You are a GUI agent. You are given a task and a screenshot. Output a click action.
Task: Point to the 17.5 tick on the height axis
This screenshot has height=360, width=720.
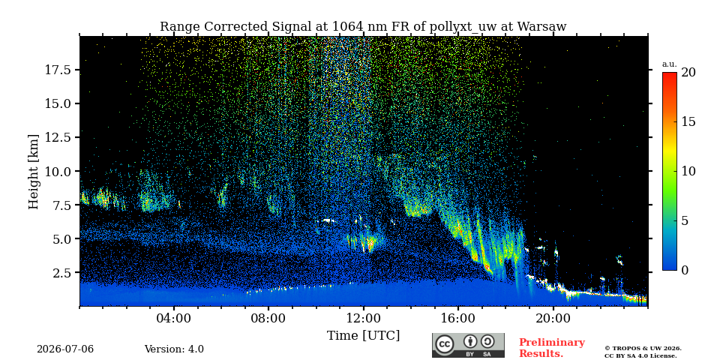click(58, 70)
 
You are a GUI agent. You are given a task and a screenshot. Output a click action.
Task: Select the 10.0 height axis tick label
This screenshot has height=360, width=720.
click(58, 171)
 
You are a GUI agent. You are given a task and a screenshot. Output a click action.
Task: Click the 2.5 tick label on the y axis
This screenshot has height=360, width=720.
click(61, 273)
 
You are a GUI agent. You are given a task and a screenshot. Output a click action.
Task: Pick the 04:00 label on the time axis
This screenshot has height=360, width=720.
click(174, 318)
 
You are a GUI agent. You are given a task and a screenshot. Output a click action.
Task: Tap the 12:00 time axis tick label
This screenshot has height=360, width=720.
click(364, 318)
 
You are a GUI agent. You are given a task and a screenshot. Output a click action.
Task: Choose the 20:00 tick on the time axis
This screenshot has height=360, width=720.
click(553, 318)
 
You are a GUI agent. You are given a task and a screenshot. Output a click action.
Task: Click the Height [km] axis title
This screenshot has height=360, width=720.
click(34, 172)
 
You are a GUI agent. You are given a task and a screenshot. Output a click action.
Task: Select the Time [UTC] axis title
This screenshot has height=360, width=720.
click(363, 336)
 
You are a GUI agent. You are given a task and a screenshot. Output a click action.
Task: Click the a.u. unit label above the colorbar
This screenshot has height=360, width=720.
click(670, 64)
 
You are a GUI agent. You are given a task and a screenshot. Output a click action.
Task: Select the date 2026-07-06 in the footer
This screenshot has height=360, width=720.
click(65, 349)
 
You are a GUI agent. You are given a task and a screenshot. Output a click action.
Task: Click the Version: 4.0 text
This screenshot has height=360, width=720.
click(174, 349)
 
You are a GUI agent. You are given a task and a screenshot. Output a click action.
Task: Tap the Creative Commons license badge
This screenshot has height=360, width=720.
click(468, 345)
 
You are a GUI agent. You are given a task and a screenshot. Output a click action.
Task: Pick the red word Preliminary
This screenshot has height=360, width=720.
click(552, 343)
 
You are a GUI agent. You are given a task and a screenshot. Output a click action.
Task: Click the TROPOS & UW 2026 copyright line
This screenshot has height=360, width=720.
click(643, 349)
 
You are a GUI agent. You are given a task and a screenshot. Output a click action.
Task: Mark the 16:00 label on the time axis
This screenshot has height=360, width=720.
click(458, 318)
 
